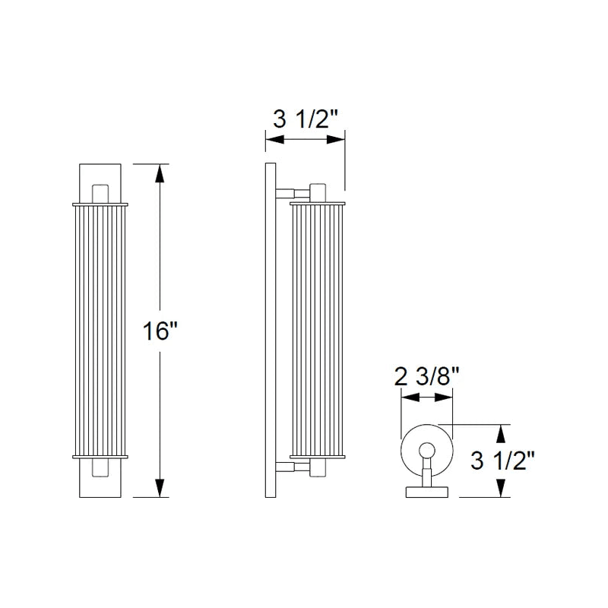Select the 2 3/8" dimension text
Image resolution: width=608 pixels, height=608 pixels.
427,376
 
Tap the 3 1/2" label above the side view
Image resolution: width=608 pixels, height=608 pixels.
305,119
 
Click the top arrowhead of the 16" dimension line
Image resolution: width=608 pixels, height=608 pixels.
160,173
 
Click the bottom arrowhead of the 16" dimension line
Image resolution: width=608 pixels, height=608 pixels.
160,487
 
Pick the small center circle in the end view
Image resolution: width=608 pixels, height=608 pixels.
426,449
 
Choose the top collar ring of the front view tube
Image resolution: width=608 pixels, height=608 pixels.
100,204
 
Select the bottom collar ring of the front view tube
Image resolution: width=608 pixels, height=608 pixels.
100,456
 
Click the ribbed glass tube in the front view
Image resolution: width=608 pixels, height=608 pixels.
100,331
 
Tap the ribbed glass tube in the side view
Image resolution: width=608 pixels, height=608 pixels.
318,331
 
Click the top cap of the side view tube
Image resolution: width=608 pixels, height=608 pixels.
318,202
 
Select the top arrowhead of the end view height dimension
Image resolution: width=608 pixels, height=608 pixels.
500,432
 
